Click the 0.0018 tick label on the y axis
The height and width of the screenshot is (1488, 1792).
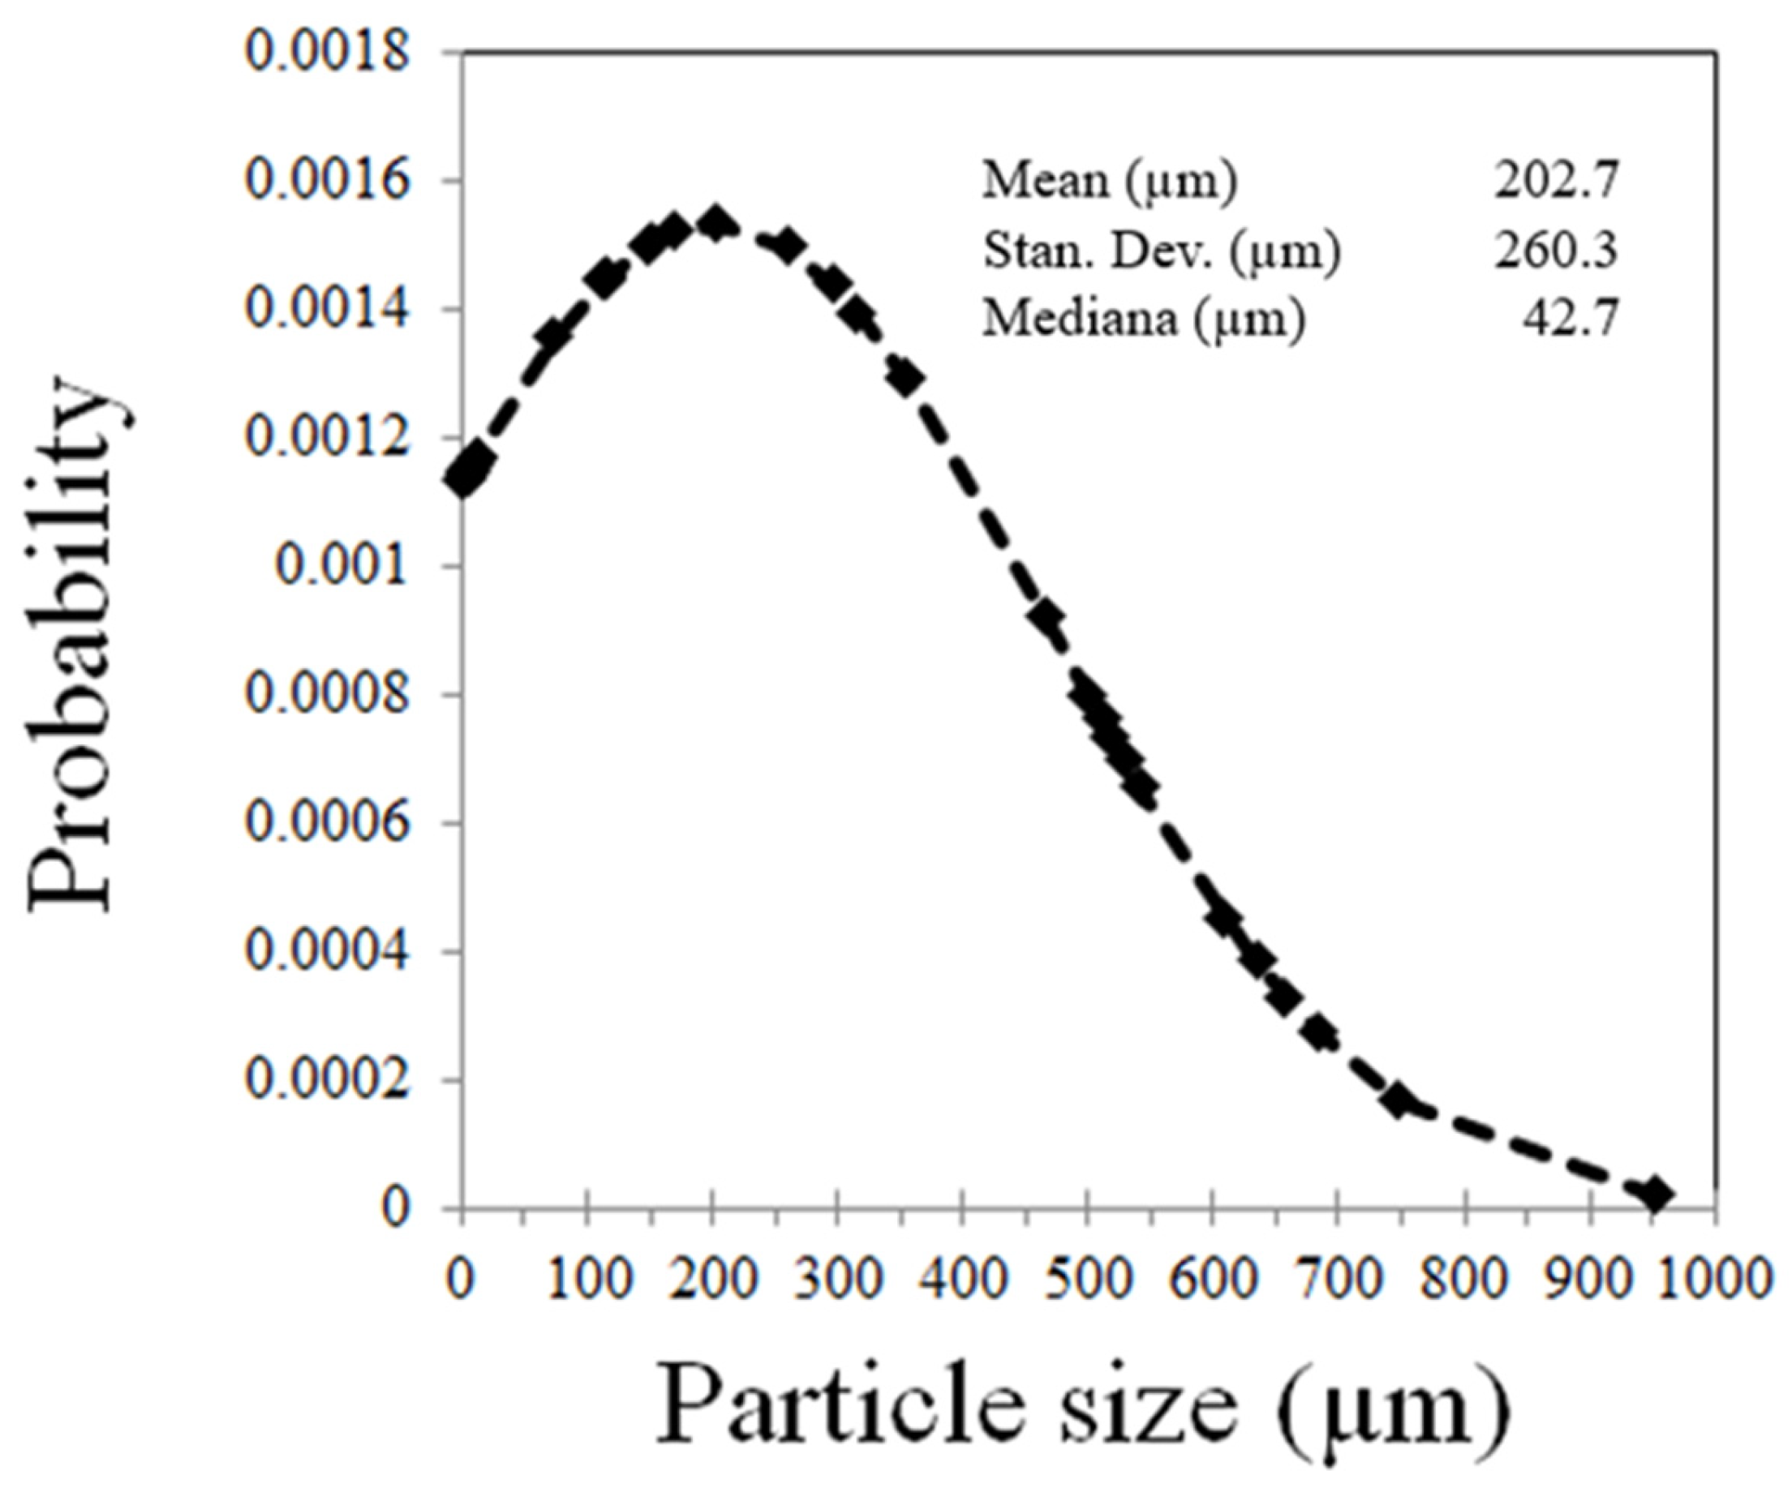[x=328, y=53]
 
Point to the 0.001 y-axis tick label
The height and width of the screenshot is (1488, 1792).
[x=342, y=567]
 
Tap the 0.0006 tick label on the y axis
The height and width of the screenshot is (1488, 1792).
[x=328, y=823]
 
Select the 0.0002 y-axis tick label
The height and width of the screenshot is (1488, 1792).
[x=328, y=1080]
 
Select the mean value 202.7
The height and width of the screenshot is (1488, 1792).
[x=1556, y=181]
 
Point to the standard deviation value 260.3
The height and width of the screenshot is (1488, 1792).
[x=1556, y=251]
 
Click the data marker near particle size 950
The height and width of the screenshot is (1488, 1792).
[x=1656, y=1194]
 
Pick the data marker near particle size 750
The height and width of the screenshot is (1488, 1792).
[x=1398, y=1101]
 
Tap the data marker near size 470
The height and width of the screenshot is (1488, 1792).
[x=1046, y=617]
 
